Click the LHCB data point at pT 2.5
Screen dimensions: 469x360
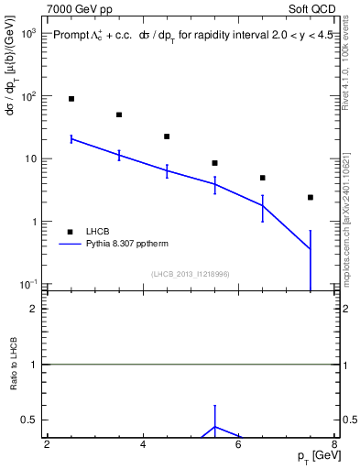click(x=71, y=99)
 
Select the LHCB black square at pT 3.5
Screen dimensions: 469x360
click(x=119, y=115)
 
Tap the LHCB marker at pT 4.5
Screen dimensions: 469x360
click(x=167, y=136)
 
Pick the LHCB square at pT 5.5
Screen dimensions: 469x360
click(x=214, y=163)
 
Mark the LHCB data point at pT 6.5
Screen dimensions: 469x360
click(x=262, y=178)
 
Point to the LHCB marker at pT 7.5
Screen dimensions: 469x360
click(x=311, y=197)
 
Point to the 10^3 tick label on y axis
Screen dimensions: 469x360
click(x=28, y=33)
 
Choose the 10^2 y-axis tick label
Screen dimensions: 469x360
click(x=28, y=96)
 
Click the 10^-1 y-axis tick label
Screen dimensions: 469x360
click(x=27, y=285)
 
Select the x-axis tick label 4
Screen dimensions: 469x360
click(x=143, y=444)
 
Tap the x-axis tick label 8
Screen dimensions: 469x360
click(x=334, y=444)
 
